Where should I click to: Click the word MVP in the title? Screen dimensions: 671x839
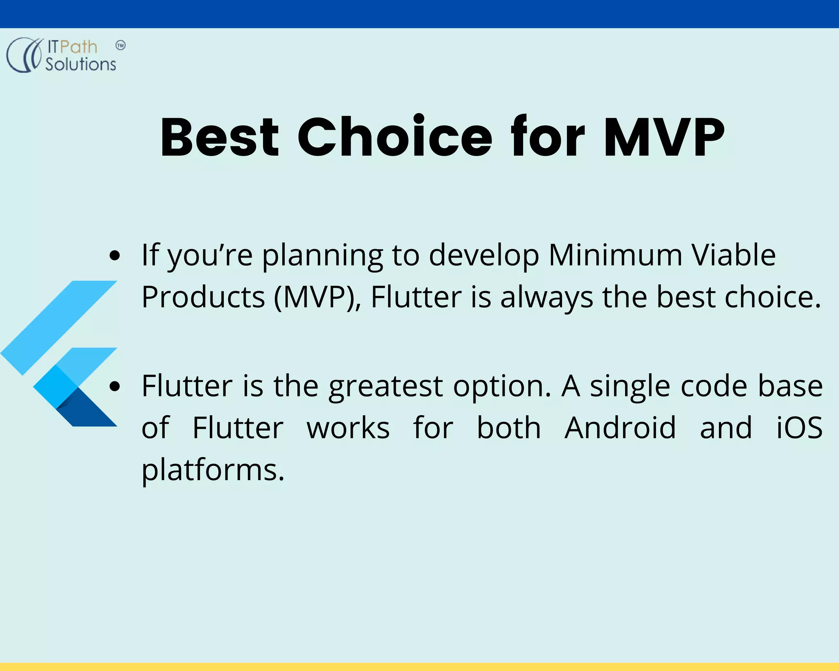664,137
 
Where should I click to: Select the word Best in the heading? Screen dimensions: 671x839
220,137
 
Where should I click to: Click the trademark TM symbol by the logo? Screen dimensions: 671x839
120,45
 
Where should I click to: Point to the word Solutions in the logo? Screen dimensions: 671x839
81,64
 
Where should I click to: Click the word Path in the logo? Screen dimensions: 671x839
79,47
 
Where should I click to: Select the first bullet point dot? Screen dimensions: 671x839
115,255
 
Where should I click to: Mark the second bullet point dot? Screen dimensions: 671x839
115,386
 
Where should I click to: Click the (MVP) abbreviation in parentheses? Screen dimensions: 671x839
317,297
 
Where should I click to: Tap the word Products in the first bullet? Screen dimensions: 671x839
203,297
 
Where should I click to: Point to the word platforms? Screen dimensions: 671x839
213,470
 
